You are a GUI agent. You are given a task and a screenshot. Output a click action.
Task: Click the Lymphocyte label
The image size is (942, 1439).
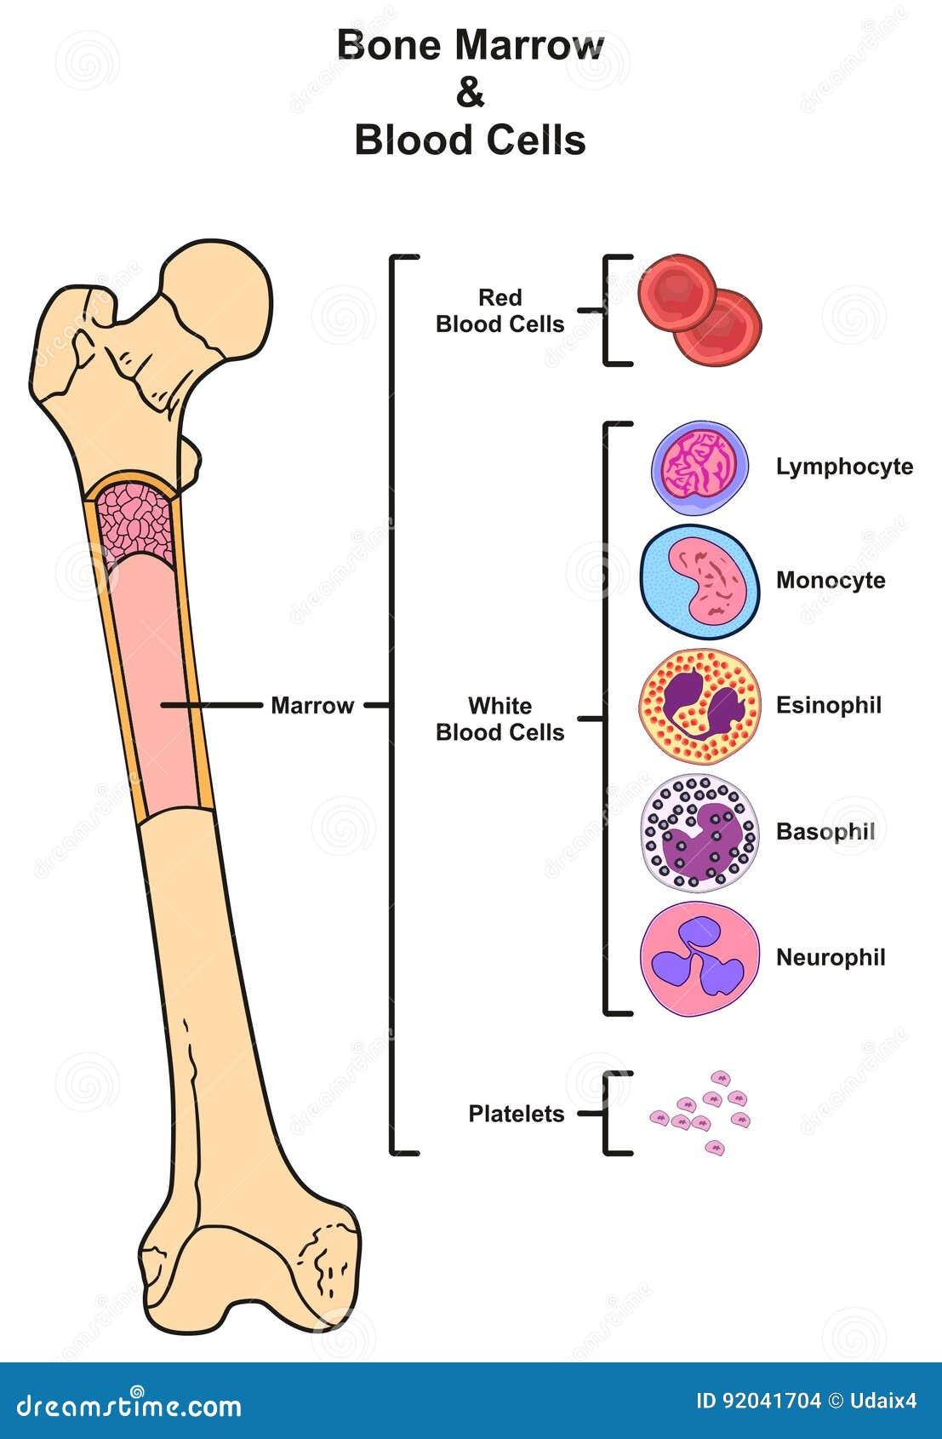[844, 467]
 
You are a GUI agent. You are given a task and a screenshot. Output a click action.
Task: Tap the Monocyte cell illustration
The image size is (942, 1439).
[700, 582]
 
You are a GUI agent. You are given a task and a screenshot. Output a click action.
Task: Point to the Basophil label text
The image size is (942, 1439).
[825, 831]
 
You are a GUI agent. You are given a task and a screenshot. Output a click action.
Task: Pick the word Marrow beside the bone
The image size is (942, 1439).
[312, 705]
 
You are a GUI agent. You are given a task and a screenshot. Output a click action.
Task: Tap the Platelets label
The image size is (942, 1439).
[517, 1113]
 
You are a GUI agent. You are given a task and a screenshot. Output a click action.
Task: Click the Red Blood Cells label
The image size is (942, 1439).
[500, 311]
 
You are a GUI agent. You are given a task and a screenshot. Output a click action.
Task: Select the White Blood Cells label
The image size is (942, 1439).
[500, 719]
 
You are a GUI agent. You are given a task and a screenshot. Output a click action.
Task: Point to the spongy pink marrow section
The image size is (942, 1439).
[135, 524]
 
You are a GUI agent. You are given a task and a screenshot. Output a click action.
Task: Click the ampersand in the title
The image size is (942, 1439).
[470, 93]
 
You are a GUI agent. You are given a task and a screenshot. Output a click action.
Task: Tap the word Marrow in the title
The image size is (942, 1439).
[528, 46]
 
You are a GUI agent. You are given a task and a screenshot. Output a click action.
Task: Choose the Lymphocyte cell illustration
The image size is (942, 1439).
[700, 467]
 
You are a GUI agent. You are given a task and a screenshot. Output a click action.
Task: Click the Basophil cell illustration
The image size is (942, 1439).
[700, 833]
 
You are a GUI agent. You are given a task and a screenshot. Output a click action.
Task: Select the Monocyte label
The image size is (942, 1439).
[831, 580]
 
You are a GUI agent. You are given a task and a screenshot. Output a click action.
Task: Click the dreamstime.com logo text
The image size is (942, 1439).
[128, 1406]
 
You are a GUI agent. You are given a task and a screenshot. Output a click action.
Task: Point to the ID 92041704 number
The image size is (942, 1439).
[758, 1401]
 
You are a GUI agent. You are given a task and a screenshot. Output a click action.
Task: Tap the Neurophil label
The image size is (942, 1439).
[831, 958]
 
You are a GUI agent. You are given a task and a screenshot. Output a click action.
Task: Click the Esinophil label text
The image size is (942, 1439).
[828, 705]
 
